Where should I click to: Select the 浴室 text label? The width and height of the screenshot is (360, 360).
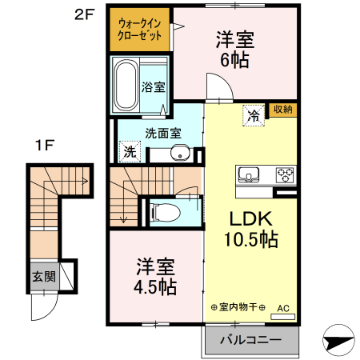[x=153, y=86]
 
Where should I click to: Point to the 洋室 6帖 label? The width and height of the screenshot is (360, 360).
[x=234, y=48]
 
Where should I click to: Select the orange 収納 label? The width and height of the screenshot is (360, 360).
[x=282, y=110]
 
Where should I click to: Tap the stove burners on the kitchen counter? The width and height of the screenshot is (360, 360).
[x=286, y=174]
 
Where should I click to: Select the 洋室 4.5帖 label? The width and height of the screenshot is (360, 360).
[x=155, y=275]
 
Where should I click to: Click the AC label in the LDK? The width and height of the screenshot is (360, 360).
[x=282, y=307]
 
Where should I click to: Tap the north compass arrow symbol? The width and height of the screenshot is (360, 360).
[x=338, y=339]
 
